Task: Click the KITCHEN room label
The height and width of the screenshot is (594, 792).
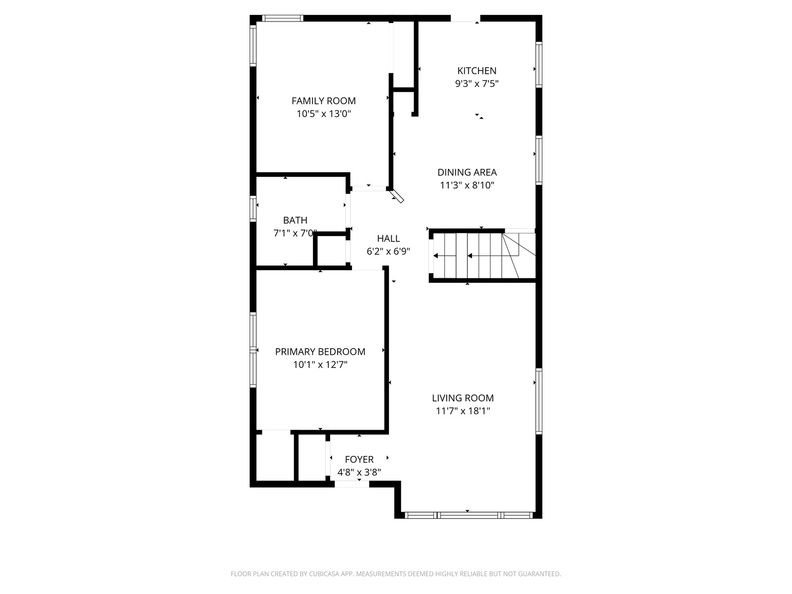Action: [x=477, y=70]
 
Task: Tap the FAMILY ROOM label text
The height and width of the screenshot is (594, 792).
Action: [x=323, y=101]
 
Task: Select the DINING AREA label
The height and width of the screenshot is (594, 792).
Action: [x=467, y=172]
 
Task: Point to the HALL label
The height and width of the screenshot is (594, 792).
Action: [x=388, y=238]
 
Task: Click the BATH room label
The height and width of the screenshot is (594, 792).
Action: [x=295, y=220]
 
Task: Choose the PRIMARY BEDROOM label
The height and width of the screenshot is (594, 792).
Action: [x=320, y=351]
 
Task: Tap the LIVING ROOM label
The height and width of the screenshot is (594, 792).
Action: [x=463, y=398]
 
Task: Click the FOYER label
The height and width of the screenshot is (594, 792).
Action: [x=359, y=459]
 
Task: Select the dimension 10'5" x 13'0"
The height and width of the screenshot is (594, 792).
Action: [x=323, y=114]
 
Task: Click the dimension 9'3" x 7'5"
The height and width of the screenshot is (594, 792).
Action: [x=477, y=84]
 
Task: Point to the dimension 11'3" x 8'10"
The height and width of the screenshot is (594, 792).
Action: [x=467, y=185]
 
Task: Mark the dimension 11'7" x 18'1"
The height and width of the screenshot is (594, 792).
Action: [x=463, y=411]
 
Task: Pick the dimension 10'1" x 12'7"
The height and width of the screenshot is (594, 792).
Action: [x=320, y=365]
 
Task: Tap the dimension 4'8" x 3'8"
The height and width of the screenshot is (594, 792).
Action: [x=359, y=472]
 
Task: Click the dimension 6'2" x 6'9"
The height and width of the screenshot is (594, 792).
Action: [x=388, y=251]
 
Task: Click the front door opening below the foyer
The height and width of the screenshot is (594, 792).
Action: [x=352, y=484]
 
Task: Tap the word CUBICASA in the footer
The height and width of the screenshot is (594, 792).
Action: [x=327, y=574]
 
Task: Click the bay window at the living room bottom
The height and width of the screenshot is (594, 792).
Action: [x=468, y=515]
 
